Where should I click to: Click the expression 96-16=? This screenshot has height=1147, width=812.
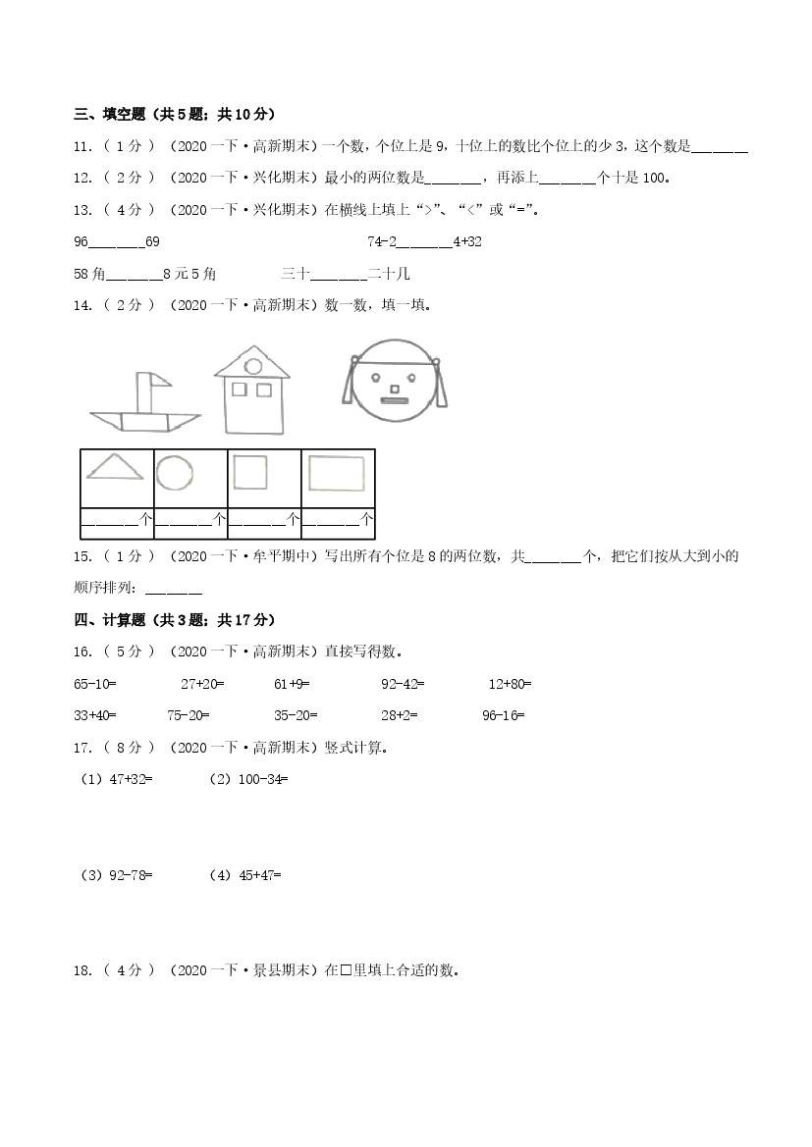click(x=503, y=715)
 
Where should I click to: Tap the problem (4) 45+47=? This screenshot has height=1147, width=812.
click(x=245, y=874)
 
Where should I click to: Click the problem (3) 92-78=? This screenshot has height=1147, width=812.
click(x=116, y=874)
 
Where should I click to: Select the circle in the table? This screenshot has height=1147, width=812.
click(x=175, y=473)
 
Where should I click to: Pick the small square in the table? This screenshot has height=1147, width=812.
click(x=249, y=472)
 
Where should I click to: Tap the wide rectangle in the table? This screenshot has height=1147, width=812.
click(x=337, y=473)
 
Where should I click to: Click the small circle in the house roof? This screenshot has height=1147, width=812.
click(x=252, y=366)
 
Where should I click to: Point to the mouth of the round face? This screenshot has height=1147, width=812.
click(x=394, y=399)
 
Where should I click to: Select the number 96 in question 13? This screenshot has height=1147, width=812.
click(x=81, y=241)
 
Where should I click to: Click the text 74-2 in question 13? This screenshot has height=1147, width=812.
click(x=381, y=241)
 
